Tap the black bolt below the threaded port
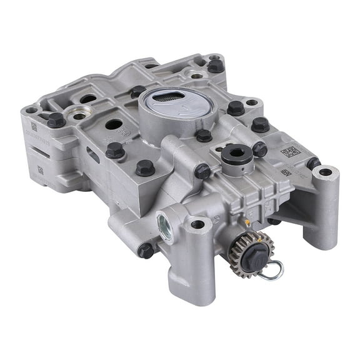tap(145, 250)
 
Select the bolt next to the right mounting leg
tap(312, 163)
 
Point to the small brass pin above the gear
tap(247, 223)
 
